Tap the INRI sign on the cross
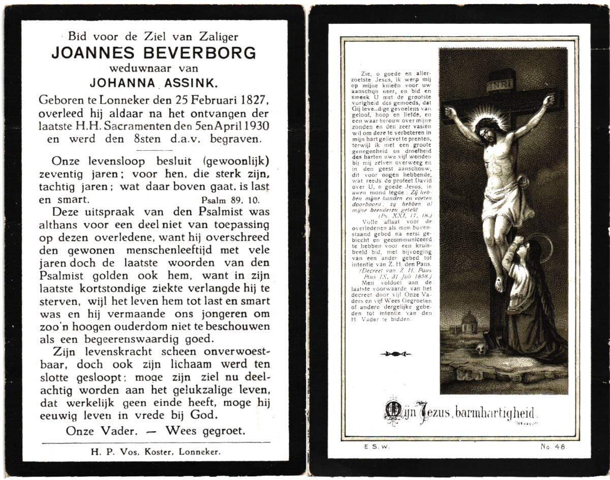(500, 86)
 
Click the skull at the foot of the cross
(481, 347)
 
